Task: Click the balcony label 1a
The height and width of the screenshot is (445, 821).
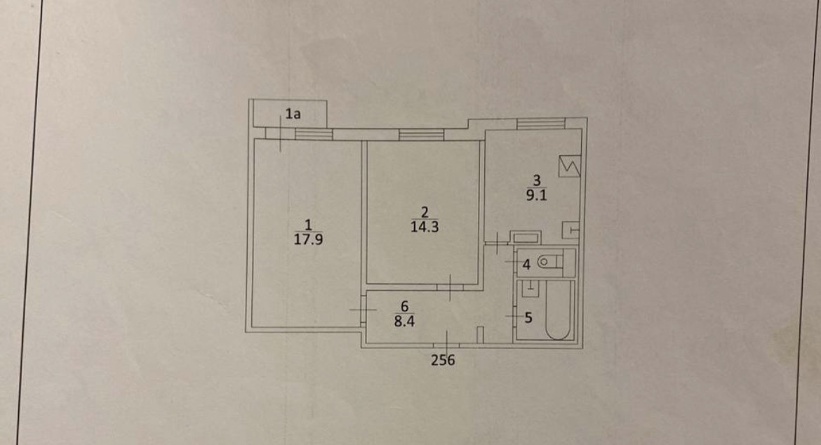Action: pyautogui.click(x=293, y=113)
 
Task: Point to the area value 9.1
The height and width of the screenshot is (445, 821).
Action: pyautogui.click(x=537, y=197)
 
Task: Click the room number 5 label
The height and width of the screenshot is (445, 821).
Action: pyautogui.click(x=528, y=317)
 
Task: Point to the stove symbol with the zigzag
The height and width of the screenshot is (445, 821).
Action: pyautogui.click(x=568, y=166)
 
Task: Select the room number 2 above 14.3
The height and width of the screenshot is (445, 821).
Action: pyautogui.click(x=424, y=212)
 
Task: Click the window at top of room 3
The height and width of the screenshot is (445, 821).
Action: pyautogui.click(x=541, y=124)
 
